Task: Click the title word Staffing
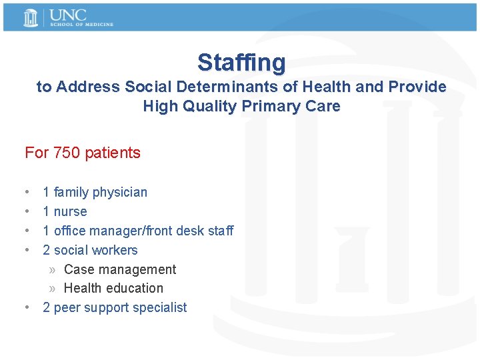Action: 241,63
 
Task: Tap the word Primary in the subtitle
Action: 269,106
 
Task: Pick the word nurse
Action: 70,212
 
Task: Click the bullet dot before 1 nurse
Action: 26,211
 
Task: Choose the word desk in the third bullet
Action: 189,231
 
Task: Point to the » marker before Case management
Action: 53,270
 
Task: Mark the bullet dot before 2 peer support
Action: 26,307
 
